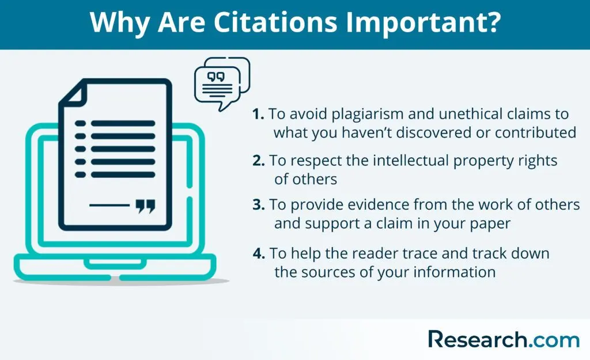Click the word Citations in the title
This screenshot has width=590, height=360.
pyautogui.click(x=275, y=22)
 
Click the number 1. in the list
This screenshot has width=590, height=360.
pyautogui.click(x=258, y=114)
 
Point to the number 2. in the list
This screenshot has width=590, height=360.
pyautogui.click(x=259, y=161)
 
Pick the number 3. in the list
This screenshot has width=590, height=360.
pyautogui.click(x=259, y=204)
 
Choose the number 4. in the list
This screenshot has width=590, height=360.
pyautogui.click(x=259, y=253)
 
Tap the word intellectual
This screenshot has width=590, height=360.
pyautogui.click(x=410, y=161)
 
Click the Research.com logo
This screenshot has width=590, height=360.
pyautogui.click(x=504, y=339)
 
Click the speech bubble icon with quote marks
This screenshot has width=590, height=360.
pyautogui.click(x=222, y=84)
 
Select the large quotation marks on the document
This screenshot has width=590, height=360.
pyautogui.click(x=145, y=206)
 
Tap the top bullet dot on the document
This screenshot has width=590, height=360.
pyautogui.click(x=80, y=123)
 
